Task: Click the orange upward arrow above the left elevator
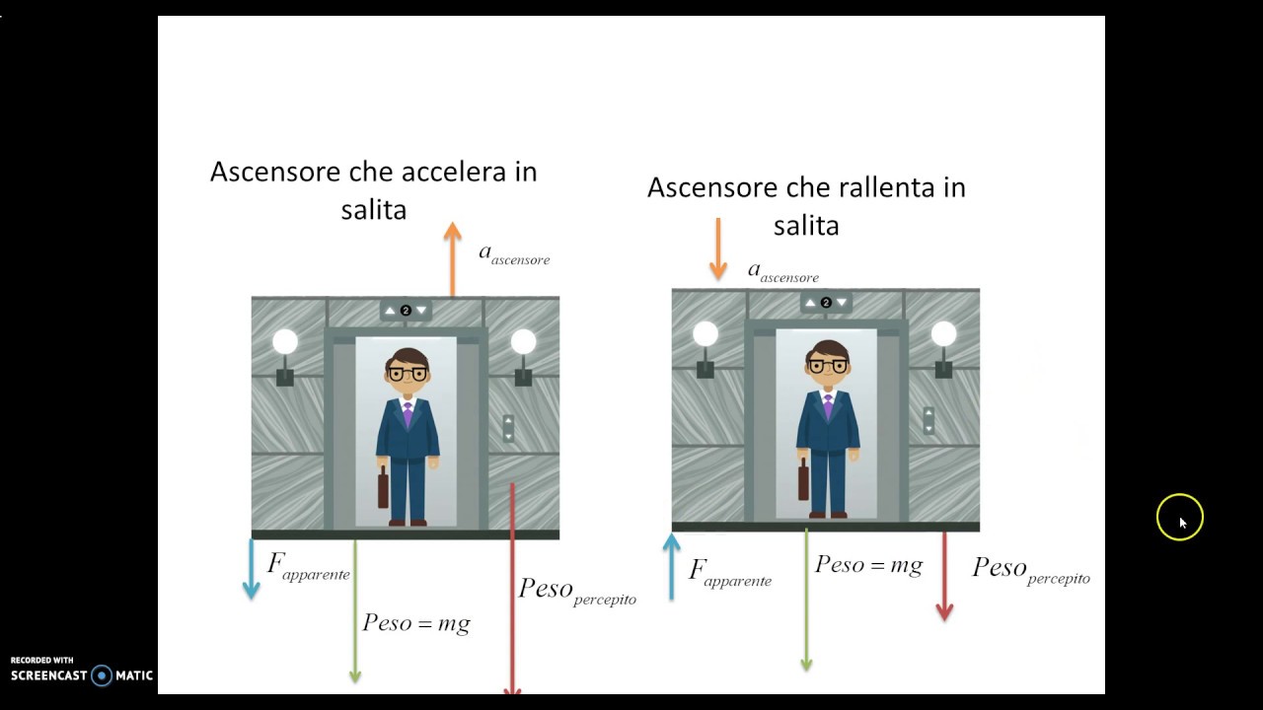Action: click(x=452, y=258)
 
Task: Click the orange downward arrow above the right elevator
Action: click(x=717, y=248)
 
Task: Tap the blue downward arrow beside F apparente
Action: click(x=251, y=569)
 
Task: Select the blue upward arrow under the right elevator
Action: click(x=672, y=567)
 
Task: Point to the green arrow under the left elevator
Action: click(x=355, y=611)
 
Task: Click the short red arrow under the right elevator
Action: click(x=944, y=576)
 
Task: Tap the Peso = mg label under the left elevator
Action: click(x=415, y=623)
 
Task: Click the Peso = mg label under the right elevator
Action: click(x=868, y=565)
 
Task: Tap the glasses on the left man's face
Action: click(x=407, y=374)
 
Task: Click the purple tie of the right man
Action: click(x=827, y=405)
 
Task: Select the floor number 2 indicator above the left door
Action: click(x=406, y=311)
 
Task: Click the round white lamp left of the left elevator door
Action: click(x=285, y=342)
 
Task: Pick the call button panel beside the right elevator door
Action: click(x=929, y=421)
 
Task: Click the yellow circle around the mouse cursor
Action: click(x=1180, y=518)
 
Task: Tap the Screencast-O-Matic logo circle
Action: click(x=102, y=675)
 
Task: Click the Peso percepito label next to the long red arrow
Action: click(x=577, y=590)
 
